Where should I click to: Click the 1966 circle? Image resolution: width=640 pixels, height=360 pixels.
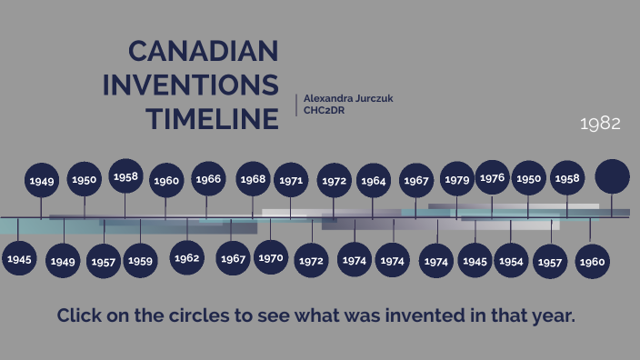[x=208, y=179]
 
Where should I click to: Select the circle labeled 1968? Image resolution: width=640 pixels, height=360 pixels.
[x=253, y=179]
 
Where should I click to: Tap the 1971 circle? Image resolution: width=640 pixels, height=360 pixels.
[x=291, y=180]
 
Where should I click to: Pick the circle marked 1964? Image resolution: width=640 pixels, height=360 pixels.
[x=373, y=180]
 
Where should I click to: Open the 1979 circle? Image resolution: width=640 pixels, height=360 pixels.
[x=457, y=179]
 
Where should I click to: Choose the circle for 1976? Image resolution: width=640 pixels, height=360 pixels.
[x=492, y=177]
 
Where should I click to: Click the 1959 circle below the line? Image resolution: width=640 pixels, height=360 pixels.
[x=140, y=261]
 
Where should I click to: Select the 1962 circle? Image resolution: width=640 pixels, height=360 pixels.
[x=186, y=258]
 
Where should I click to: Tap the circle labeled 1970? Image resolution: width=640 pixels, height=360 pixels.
[x=271, y=257]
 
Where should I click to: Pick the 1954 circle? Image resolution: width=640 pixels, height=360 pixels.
[x=511, y=261]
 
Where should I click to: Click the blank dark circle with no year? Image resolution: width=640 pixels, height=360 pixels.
[x=612, y=176]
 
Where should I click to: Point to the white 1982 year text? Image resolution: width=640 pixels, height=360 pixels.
[x=600, y=124]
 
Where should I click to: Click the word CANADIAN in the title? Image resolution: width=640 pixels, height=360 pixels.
[x=203, y=51]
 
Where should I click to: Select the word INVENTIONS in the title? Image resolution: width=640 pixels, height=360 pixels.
[x=190, y=85]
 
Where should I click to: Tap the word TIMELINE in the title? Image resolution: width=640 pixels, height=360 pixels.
[x=213, y=118]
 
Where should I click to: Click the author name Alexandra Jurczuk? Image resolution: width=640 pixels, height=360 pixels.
[x=349, y=97]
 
